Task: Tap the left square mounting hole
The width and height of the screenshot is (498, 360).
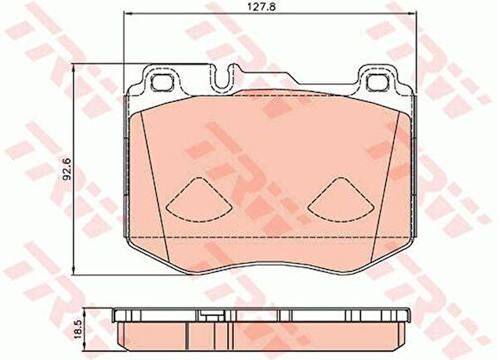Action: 163,82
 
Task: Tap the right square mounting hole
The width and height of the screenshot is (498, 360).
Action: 377,82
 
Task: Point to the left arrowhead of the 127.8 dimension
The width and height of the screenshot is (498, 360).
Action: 126,13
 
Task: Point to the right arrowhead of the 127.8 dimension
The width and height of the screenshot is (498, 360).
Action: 413,13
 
